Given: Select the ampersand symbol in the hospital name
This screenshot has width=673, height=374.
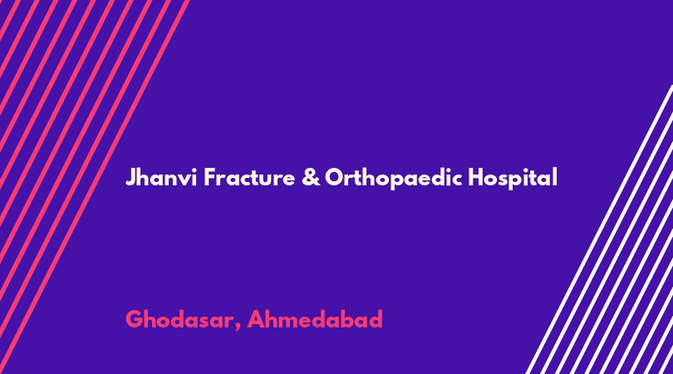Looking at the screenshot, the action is (x=311, y=177).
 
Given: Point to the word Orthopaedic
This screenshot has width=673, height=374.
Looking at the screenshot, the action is (x=393, y=178).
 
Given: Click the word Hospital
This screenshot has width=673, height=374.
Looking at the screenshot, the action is (x=513, y=178).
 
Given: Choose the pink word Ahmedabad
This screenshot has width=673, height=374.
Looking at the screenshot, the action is (x=315, y=319).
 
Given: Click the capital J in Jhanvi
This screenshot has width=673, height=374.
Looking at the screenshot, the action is (x=130, y=178).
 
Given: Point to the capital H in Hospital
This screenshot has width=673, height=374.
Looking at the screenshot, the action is (x=475, y=177).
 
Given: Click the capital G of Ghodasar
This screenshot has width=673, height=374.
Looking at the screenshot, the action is (x=135, y=319).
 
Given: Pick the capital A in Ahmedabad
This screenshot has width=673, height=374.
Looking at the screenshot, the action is (x=256, y=319).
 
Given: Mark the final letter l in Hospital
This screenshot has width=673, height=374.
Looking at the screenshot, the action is (x=555, y=176).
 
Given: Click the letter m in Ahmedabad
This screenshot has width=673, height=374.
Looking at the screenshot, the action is (x=293, y=322).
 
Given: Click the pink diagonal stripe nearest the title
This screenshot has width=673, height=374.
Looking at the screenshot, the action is (x=94, y=187).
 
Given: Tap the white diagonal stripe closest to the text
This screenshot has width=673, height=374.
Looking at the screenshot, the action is (x=600, y=229).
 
